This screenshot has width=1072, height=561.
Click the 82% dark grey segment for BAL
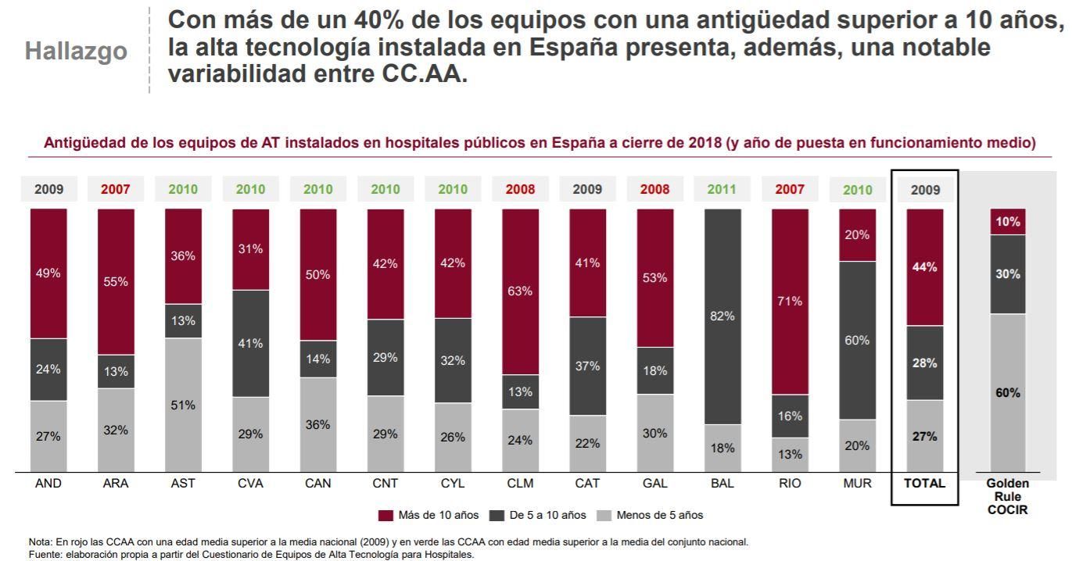coord(722,316)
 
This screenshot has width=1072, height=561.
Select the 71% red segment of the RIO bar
coord(790,301)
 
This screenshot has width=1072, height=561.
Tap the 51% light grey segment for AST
coord(184,405)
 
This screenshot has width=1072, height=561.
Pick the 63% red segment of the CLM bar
coord(520,291)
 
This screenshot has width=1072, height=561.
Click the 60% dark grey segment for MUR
coord(857,340)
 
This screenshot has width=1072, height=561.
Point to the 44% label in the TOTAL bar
coord(925,267)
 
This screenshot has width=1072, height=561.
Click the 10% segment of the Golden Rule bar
coord(1008,222)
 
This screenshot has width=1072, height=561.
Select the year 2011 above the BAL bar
coord(722,189)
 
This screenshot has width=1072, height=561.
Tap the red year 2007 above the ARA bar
coord(116,189)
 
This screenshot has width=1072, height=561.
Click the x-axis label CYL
coord(453,484)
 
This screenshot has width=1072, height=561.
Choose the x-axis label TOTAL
coord(925,484)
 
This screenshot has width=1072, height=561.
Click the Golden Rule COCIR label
coord(1008,497)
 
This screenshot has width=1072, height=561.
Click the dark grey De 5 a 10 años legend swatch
coord(497,515)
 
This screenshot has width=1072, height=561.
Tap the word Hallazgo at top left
coord(76,52)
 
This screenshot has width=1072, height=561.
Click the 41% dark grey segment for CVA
coord(251,343)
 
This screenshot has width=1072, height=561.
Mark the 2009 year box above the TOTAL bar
coord(925,189)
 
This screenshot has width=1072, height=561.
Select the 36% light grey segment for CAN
coord(318,424)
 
